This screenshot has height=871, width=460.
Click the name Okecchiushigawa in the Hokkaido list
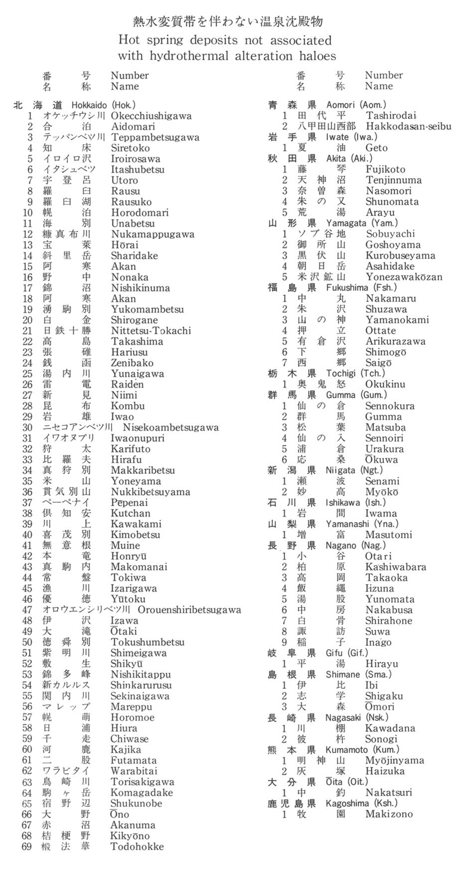(x=151, y=116)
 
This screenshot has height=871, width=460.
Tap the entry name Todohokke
(x=137, y=847)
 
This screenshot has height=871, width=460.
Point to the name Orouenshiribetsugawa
(x=189, y=610)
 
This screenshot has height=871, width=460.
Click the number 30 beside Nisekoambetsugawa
(x=27, y=428)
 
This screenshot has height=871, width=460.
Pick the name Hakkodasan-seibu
(x=408, y=127)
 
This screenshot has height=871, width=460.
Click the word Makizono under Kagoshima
(x=389, y=814)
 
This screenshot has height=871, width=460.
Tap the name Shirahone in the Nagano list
(x=389, y=621)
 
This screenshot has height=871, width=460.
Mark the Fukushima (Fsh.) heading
(x=362, y=288)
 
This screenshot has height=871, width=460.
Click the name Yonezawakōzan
(x=404, y=277)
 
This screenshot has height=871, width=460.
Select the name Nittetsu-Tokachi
(x=151, y=331)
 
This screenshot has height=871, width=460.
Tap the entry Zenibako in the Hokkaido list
(x=132, y=363)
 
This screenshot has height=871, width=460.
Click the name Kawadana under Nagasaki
(x=390, y=728)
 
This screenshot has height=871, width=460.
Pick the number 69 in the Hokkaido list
(x=27, y=847)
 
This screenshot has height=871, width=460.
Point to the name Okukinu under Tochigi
(x=385, y=384)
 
